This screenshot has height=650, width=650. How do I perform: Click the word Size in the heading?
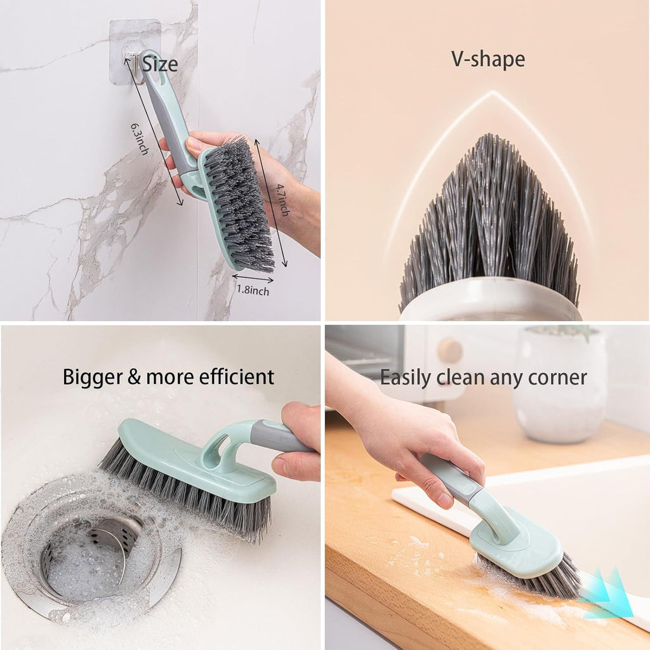[x=159, y=63]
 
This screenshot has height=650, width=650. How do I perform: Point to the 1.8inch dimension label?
[x=253, y=291]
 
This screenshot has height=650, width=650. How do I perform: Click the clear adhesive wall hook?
[x=133, y=51]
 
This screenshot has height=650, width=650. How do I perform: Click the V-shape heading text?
[x=487, y=59]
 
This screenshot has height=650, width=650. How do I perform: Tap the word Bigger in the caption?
[x=93, y=377]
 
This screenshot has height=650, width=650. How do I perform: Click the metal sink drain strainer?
[x=89, y=552]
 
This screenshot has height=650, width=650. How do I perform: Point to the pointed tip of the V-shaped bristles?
[x=492, y=136]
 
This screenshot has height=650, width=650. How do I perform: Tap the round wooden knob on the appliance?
[x=449, y=350]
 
